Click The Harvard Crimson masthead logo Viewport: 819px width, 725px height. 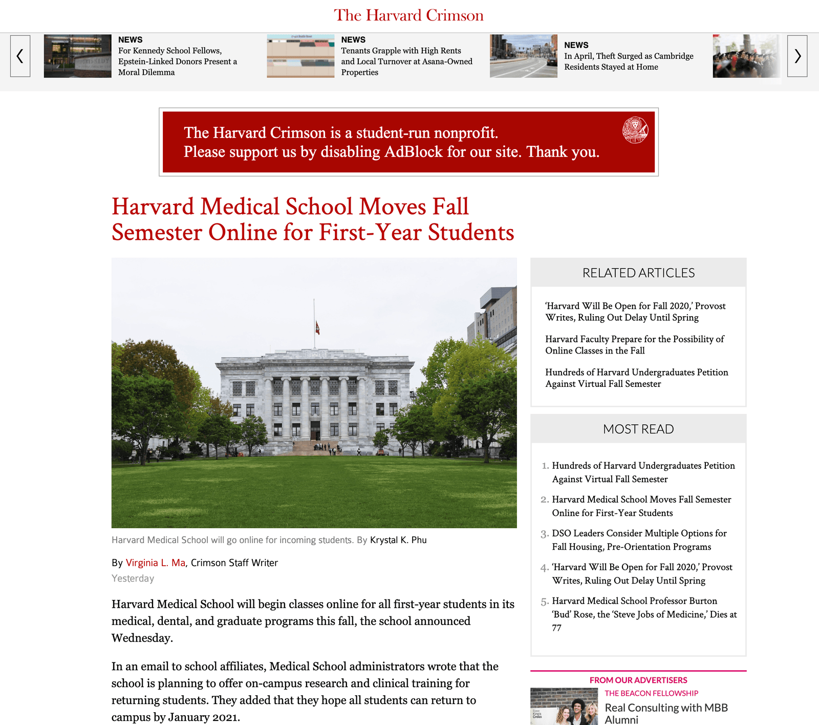pos(408,15)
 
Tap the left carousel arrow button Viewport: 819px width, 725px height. pos(20,56)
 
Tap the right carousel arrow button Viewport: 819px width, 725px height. pos(797,56)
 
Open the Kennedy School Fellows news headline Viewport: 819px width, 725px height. pos(177,61)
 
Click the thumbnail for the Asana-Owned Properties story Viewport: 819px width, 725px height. pos(300,56)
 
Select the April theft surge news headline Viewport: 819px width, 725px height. pos(629,61)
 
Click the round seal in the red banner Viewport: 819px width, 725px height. pos(635,130)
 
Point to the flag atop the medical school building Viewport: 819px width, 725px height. pos(317,327)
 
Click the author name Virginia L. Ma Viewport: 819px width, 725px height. pos(156,563)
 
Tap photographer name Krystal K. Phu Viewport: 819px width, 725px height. pos(398,540)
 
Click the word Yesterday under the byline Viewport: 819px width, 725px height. pos(133,578)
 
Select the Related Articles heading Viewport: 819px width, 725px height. pos(638,273)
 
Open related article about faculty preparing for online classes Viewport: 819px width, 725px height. pos(634,345)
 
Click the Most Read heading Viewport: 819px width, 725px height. pos(638,429)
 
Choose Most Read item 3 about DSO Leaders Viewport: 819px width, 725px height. pos(639,540)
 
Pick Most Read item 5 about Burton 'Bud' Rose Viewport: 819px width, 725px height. pos(644,614)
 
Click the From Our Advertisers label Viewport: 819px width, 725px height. pos(638,680)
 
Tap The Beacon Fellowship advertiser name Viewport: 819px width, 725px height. pos(651,693)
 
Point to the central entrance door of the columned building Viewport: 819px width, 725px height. pos(315,431)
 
